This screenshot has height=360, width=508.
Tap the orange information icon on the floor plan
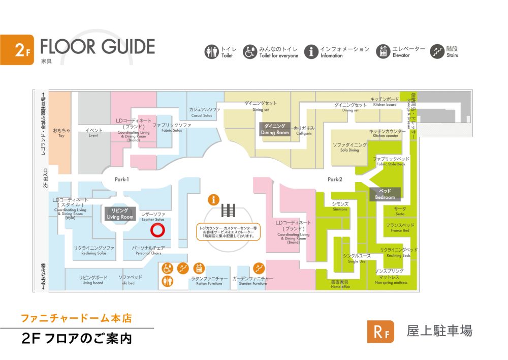(x=213, y=199)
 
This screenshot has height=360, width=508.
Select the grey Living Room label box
(x=120, y=214)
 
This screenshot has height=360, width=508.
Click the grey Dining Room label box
(x=275, y=129)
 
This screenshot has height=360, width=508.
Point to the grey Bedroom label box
(x=385, y=194)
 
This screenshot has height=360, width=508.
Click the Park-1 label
(x=121, y=179)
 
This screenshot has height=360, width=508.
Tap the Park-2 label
(x=335, y=179)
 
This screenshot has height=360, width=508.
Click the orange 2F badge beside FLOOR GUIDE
(x=17, y=50)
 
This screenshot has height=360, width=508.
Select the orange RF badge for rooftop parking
(x=380, y=332)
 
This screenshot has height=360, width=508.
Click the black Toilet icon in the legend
(x=211, y=51)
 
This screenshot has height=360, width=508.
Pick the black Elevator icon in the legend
(x=383, y=51)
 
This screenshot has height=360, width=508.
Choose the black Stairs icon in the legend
(x=437, y=51)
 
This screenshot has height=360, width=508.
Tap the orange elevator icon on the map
(x=199, y=268)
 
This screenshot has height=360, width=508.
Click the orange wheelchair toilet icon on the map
(x=168, y=268)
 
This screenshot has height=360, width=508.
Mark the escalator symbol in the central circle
(x=228, y=210)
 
